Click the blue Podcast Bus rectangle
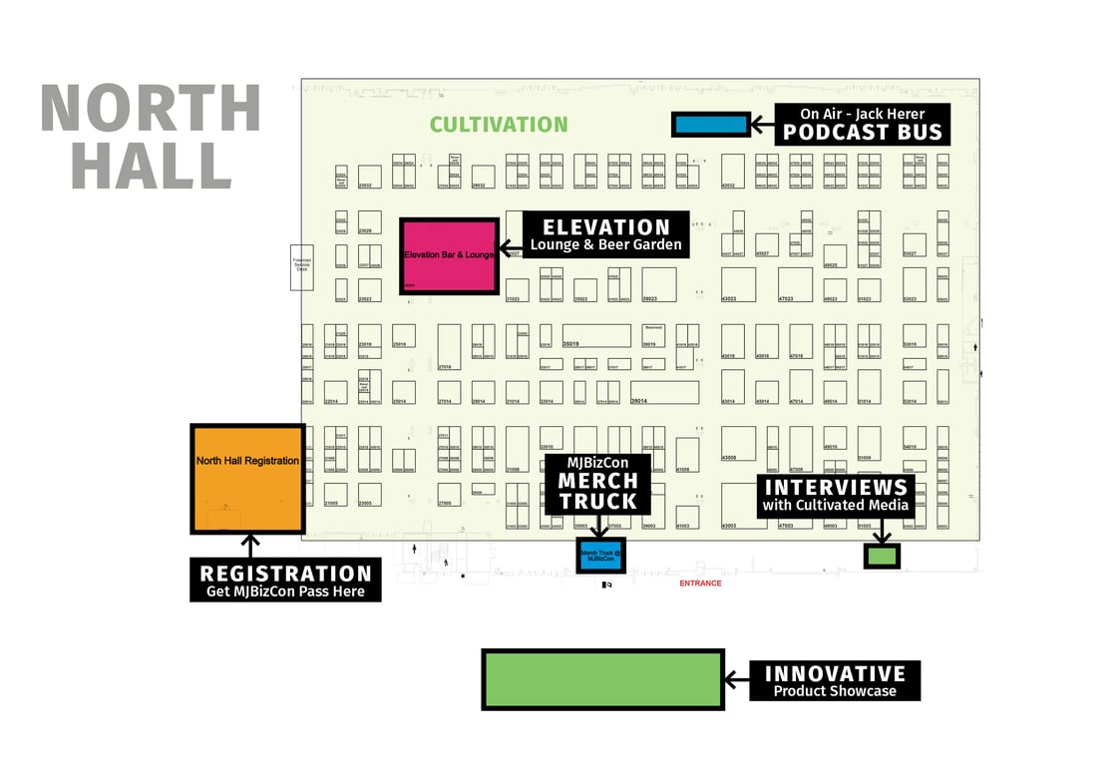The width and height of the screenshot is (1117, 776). pos(710,125)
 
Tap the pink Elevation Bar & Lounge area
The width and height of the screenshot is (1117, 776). pos(449,256)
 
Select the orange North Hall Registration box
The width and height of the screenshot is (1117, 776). pos(247,480)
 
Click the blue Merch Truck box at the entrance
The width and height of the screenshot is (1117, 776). pos(601,556)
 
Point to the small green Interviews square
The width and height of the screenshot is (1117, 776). pos(882,556)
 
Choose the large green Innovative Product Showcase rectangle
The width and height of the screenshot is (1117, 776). pos(602,679)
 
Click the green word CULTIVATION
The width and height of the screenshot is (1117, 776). pos(499,125)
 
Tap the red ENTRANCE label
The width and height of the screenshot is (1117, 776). pos(700,583)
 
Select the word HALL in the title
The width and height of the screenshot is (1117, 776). pos(151,166)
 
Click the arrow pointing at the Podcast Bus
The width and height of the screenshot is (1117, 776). pos(763,125)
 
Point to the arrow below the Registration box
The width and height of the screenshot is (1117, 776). pos(250,546)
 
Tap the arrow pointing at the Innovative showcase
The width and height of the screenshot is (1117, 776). pos(737,679)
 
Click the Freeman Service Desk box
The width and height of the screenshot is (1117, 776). pos(301,266)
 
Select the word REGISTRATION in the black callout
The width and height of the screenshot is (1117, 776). pos(285,574)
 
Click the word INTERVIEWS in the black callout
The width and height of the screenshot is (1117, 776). pos(835,488)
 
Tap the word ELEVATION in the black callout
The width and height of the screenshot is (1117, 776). pos(605,226)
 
